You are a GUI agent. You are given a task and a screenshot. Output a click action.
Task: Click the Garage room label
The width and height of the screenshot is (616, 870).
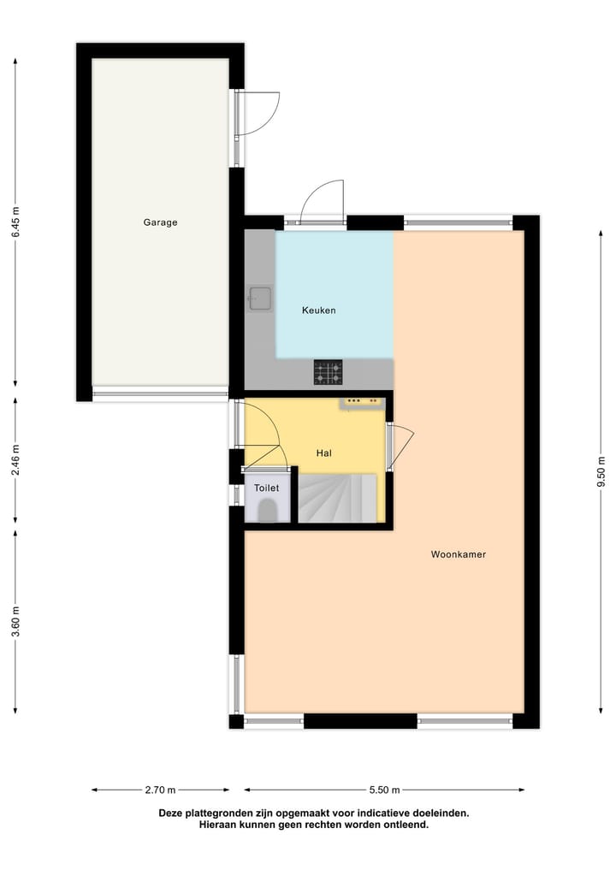point(160,222)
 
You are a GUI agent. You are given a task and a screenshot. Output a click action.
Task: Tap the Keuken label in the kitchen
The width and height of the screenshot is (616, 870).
point(318,311)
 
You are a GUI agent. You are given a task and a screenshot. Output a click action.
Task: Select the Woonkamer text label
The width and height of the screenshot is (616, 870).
point(458,554)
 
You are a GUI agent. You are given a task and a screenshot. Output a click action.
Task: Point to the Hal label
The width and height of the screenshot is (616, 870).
point(323,453)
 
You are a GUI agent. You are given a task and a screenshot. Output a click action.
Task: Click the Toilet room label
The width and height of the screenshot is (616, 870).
point(266,488)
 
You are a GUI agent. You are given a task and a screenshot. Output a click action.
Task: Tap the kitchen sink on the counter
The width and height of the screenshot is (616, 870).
point(259,299)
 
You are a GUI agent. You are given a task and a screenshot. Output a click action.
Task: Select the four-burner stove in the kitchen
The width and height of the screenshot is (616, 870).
point(328,372)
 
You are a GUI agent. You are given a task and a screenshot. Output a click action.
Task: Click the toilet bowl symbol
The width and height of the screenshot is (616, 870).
point(267,511)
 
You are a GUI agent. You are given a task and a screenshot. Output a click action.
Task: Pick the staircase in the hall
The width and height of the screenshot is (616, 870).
point(337,498)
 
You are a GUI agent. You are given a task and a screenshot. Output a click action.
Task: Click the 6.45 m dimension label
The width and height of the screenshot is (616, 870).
point(15,222)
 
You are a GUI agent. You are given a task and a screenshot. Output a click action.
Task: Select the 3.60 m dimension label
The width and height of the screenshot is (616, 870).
point(15,620)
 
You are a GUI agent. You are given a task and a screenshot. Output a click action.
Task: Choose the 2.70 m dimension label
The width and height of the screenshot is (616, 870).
point(160,790)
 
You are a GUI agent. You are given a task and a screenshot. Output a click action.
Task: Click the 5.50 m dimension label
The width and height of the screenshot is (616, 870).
point(384,790)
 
